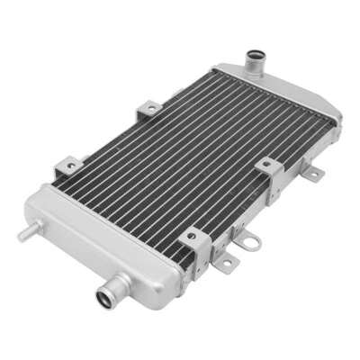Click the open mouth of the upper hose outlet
click(x=255, y=59)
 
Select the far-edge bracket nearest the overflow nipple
click(x=67, y=166)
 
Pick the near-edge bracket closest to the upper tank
click(x=267, y=167)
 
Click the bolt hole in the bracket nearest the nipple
click(x=67, y=166)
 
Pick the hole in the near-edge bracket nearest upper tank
click(x=268, y=166)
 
